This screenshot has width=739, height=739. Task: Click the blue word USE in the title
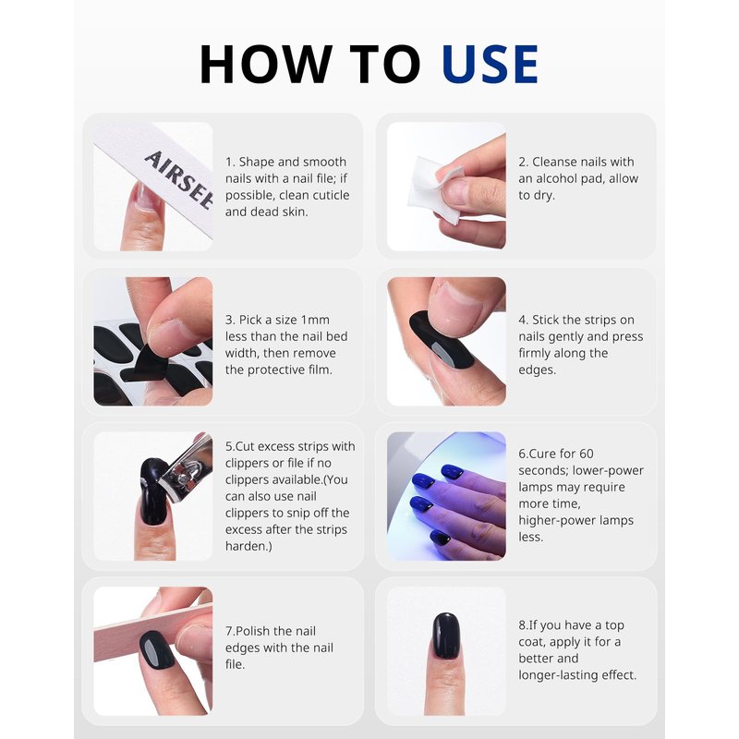point(491,64)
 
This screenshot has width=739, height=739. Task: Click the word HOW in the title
point(266,64)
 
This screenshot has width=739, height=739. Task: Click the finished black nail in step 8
point(446,636)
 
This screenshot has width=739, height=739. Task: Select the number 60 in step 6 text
point(587,454)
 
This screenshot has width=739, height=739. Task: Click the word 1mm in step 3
point(315,320)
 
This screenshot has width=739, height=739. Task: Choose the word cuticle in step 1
point(330,195)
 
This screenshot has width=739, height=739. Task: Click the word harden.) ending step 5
point(248,546)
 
